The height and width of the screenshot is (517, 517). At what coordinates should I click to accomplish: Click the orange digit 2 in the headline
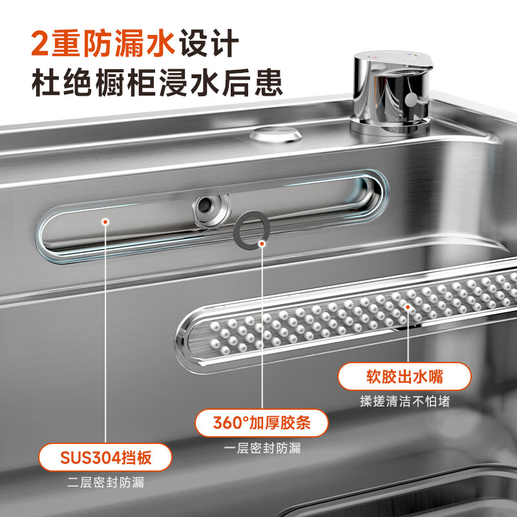pos(39,43)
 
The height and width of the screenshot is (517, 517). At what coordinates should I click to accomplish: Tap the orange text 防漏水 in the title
pos(129,43)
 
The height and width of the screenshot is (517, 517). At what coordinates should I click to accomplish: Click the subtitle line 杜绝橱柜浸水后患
pos(157,83)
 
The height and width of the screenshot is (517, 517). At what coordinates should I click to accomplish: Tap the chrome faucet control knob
pos(392,92)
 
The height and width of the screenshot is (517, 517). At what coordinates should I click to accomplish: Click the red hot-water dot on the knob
pos(375,57)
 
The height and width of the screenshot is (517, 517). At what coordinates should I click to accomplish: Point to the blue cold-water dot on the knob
pos(410,54)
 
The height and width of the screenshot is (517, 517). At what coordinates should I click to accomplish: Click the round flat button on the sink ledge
pos(276,134)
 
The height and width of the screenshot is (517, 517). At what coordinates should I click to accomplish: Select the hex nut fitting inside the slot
pos(211,210)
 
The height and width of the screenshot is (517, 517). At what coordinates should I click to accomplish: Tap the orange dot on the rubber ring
pos(262,244)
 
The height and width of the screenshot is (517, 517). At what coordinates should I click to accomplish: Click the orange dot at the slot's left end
pos(105,222)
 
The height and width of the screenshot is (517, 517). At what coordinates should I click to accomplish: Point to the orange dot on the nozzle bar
pos(408,307)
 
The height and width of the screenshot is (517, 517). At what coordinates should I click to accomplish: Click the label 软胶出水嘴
pos(405,376)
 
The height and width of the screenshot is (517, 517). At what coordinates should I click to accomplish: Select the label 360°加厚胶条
pos(262,423)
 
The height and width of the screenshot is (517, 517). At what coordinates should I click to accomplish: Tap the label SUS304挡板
pos(105,458)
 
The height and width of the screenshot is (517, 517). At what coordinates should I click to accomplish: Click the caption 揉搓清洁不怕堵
pos(405,401)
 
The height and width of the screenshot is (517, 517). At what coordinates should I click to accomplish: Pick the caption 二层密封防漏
pos(105,482)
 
